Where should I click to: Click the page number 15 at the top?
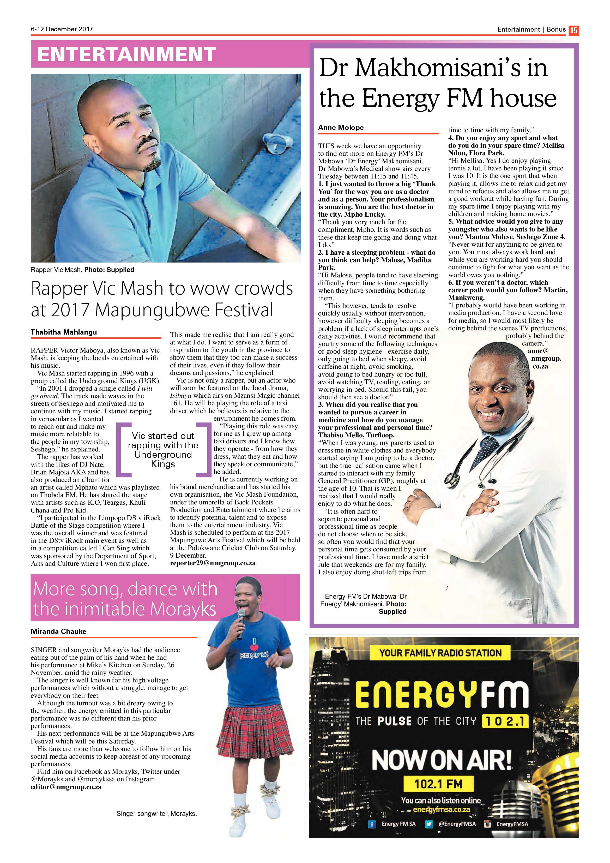(x=573, y=30)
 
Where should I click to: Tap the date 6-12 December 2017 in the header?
(x=62, y=29)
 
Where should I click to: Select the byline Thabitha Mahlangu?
(x=64, y=332)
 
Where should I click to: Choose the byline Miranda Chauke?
(x=59, y=631)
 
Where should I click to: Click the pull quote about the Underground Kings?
(x=163, y=450)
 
